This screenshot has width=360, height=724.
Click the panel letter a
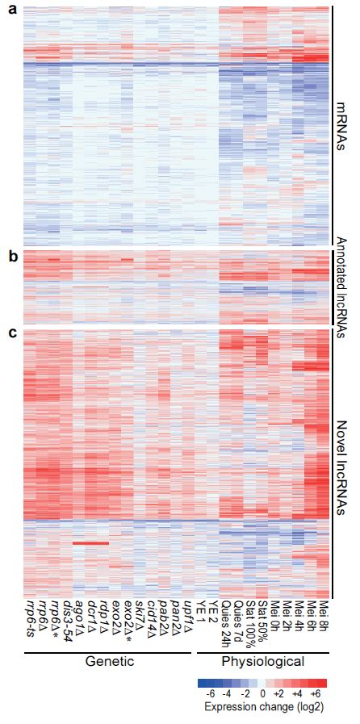[11, 11]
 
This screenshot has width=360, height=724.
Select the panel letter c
[11, 332]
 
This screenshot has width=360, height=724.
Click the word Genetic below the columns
[109, 661]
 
